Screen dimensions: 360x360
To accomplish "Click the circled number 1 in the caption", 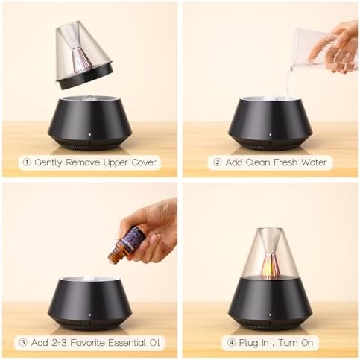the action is (27, 162).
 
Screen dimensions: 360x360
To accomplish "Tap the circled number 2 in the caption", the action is (218, 162).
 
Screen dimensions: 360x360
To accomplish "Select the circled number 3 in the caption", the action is (23, 343).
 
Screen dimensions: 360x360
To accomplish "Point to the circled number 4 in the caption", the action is (231, 343).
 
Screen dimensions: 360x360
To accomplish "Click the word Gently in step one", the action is (48, 163).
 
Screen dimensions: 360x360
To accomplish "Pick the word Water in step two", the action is (314, 162).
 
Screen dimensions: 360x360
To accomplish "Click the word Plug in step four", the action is (247, 344).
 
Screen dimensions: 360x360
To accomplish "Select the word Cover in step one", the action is (144, 162).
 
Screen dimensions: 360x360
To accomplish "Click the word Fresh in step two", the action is (285, 162).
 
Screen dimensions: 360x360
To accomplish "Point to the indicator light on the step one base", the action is (89, 135).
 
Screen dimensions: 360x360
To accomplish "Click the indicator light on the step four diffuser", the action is (271, 315).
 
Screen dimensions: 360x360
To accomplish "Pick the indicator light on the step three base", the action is (89, 315).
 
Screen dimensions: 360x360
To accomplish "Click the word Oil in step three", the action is (155, 343).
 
